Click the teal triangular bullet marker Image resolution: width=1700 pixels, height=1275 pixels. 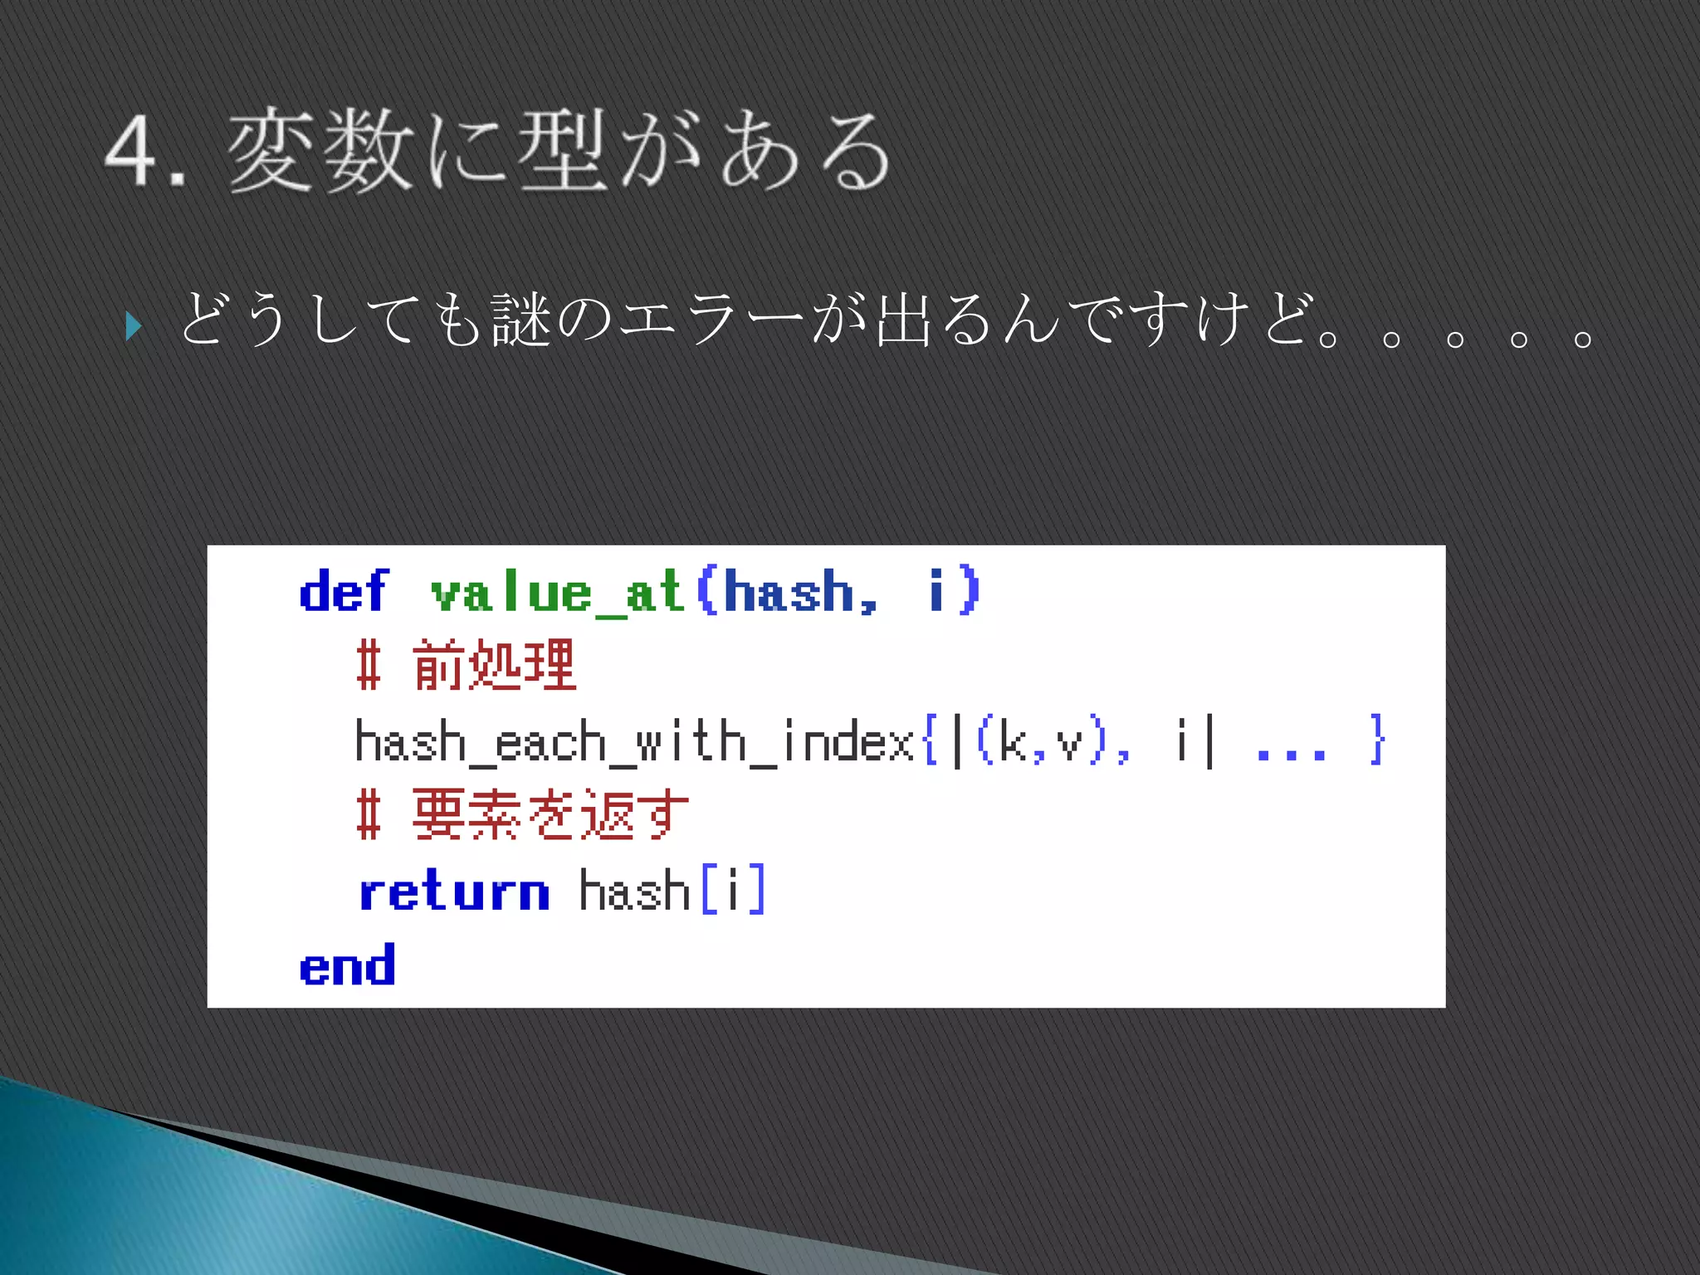(x=134, y=325)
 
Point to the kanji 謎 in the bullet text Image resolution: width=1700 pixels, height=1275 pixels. (x=521, y=320)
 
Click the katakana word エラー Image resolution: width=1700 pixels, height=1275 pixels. (x=711, y=320)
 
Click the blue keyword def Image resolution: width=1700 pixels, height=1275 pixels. (x=343, y=591)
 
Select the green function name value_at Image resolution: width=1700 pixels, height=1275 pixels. (x=556, y=593)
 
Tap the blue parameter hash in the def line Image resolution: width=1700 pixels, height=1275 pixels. (x=789, y=592)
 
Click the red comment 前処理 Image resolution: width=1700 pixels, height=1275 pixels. (x=494, y=666)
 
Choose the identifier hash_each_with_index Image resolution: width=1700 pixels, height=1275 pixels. (x=634, y=741)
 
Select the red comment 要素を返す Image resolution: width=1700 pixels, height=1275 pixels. (x=550, y=815)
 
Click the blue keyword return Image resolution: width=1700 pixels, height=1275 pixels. (x=454, y=892)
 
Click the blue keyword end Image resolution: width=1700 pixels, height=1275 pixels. (x=347, y=966)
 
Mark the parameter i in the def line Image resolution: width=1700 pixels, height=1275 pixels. (x=936, y=590)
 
